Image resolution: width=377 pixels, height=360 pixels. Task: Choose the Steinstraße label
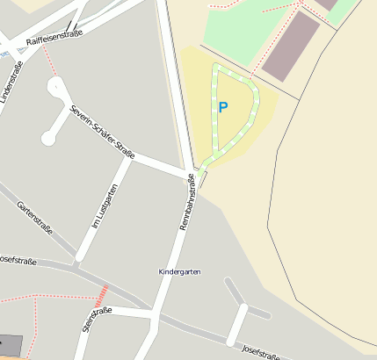(x=97, y=319)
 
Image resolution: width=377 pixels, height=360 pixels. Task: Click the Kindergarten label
(x=179, y=272)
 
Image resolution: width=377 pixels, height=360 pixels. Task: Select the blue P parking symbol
(x=223, y=108)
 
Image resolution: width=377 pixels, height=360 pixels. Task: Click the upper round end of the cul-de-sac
(x=57, y=86)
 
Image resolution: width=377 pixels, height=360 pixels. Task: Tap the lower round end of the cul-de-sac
(x=47, y=139)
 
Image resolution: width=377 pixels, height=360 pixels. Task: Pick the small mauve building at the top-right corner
(x=326, y=4)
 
